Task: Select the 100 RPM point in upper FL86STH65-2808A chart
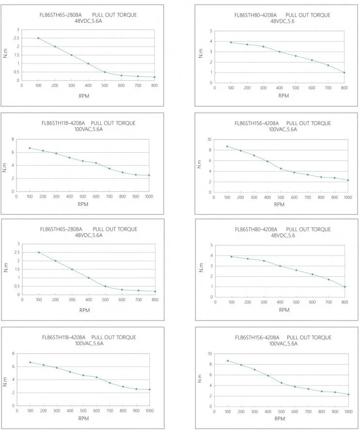[38, 38]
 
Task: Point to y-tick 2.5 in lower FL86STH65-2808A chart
[18, 252]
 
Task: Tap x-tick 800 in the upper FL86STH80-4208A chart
[344, 88]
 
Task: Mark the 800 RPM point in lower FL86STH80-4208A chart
[344, 287]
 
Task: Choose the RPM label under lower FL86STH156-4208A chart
[280, 418]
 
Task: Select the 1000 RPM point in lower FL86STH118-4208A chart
[149, 389]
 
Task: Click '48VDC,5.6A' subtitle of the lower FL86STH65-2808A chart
[88, 235]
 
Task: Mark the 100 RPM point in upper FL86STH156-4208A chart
[227, 146]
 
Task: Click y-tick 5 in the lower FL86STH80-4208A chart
[211, 245]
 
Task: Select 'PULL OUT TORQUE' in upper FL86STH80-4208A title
[308, 15]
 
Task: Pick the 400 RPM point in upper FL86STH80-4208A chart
[280, 52]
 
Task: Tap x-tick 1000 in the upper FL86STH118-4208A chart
[149, 197]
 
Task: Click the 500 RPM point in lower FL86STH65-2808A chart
[105, 286]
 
